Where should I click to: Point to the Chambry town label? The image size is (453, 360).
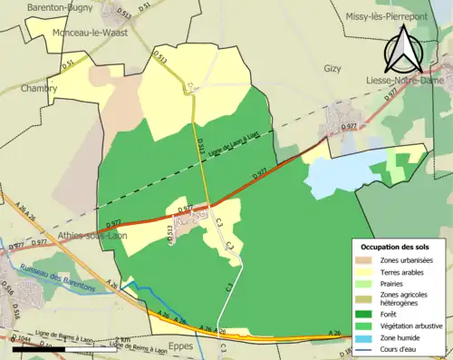coord(39,89)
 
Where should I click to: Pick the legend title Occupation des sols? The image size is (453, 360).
coord(397,247)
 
